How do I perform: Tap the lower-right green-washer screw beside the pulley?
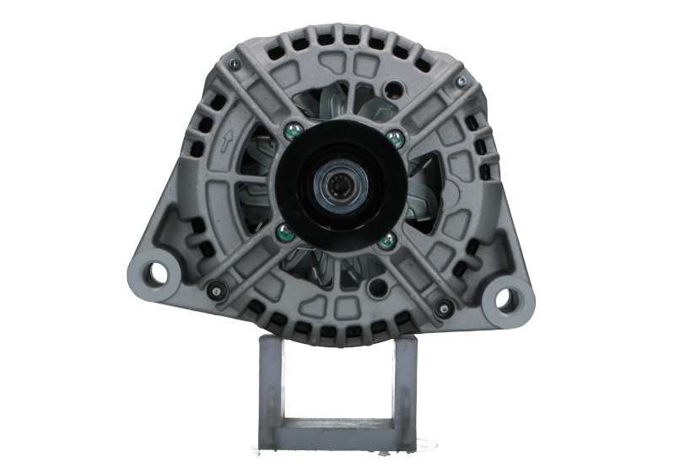tap(387, 240)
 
